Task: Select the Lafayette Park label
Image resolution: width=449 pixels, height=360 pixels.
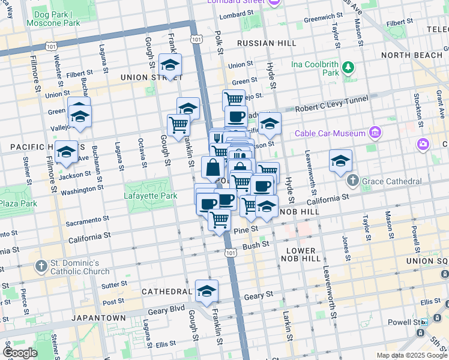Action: click(x=150, y=196)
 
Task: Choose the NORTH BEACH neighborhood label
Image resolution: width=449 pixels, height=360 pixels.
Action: click(x=411, y=55)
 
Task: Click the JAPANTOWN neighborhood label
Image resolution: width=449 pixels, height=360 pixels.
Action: click(x=98, y=318)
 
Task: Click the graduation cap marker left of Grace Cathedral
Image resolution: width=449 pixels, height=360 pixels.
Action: click(x=340, y=161)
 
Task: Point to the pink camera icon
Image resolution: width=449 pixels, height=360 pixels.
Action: click(x=423, y=144)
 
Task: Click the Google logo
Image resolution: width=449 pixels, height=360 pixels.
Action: click(x=20, y=353)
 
